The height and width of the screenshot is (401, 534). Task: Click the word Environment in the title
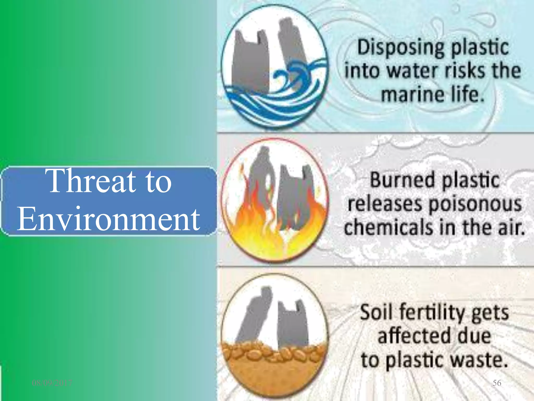(x=108, y=219)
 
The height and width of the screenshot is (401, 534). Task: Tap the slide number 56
(x=497, y=383)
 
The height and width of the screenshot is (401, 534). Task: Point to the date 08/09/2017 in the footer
(x=52, y=383)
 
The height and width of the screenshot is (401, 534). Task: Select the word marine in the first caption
(x=412, y=95)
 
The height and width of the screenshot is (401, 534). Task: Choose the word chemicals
(x=389, y=227)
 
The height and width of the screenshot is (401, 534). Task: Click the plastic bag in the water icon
(x=250, y=63)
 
